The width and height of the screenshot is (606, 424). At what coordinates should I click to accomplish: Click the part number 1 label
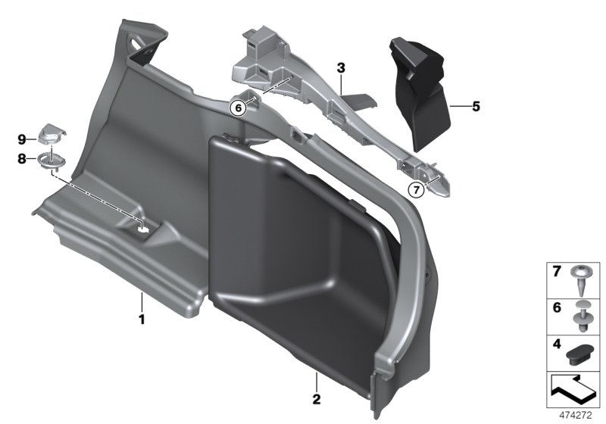pyautogui.click(x=141, y=319)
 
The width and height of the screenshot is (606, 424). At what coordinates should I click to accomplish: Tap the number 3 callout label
pyautogui.click(x=342, y=68)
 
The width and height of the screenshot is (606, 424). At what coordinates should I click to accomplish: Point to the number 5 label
pyautogui.click(x=476, y=107)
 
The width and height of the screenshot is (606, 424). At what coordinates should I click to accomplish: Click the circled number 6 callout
pyautogui.click(x=239, y=108)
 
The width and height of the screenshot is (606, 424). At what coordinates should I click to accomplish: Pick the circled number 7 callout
pyautogui.click(x=415, y=189)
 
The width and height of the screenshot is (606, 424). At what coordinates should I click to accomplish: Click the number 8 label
pyautogui.click(x=22, y=158)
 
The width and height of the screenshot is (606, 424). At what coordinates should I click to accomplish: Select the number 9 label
pyautogui.click(x=22, y=139)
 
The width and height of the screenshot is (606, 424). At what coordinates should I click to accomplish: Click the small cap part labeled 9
pyautogui.click(x=50, y=134)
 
